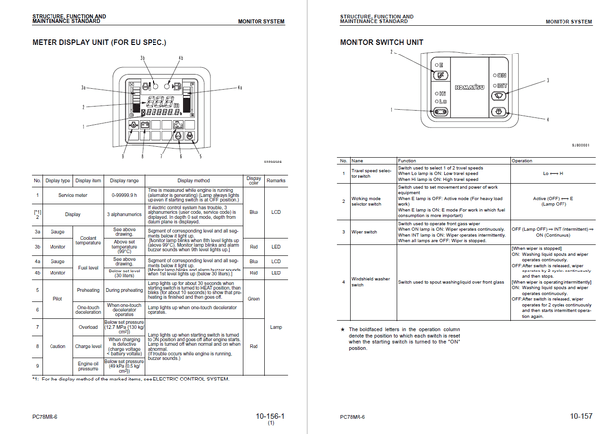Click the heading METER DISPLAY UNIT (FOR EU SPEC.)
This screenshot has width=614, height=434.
[x=100, y=44]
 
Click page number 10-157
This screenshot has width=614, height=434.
[x=584, y=417]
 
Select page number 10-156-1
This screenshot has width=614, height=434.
[x=271, y=417]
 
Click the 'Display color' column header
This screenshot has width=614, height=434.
[x=254, y=180]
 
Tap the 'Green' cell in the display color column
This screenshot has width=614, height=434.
[x=254, y=297]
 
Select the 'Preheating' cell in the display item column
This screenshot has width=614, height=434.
[x=89, y=290]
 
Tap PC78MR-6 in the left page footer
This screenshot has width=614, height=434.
[x=49, y=417]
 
